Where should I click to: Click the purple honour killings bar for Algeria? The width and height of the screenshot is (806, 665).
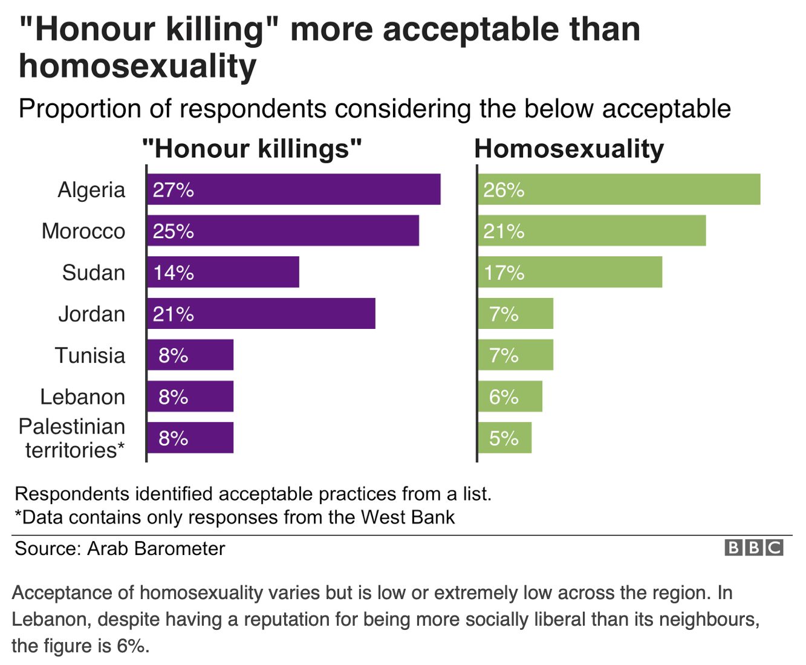(294, 189)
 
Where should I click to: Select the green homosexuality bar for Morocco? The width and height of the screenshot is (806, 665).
(591, 230)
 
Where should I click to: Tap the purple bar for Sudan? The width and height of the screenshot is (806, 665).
(223, 272)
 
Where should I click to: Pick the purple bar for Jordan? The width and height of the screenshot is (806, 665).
(261, 313)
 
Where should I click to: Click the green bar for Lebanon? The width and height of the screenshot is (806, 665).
(510, 396)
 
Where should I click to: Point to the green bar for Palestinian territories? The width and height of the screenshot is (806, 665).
(504, 438)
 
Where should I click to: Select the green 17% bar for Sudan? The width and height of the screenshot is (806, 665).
(570, 272)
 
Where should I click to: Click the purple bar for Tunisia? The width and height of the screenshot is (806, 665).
(190, 355)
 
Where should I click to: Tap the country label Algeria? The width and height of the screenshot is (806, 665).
(91, 190)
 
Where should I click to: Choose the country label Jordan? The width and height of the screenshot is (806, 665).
(92, 314)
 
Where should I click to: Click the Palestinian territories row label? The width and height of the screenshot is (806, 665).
(72, 438)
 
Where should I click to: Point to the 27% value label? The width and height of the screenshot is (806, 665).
(173, 190)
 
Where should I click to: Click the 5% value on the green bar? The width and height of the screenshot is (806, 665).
(504, 438)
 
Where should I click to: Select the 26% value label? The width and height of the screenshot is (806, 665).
(504, 190)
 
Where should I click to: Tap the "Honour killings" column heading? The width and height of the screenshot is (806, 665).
(252, 149)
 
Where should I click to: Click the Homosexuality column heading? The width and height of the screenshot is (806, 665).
(569, 149)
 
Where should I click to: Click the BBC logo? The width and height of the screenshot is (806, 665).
(754, 548)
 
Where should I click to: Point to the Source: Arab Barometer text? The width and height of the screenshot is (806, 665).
(120, 548)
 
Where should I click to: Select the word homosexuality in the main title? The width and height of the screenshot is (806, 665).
(138, 66)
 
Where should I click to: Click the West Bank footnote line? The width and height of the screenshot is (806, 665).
(235, 517)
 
